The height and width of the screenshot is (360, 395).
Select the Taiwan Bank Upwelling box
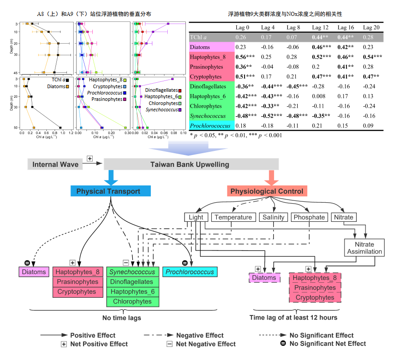coord(190,164)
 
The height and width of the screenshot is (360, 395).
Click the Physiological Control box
coord(267,191)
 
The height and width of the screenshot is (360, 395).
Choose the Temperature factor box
coord(233,217)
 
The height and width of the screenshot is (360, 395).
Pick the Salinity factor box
coord(273,217)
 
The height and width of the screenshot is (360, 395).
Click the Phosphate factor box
coord(309,217)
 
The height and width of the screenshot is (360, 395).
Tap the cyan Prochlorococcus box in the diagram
coord(190,272)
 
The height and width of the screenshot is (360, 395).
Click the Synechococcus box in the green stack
coord(132,272)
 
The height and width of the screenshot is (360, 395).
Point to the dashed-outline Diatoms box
coord(264,278)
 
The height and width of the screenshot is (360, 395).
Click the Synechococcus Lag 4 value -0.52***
coord(270,116)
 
